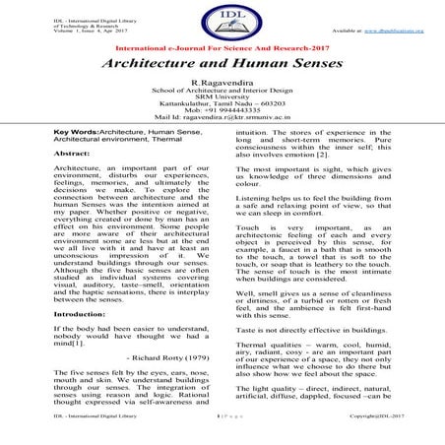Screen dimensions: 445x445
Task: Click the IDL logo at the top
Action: pyautogui.click(x=222, y=23)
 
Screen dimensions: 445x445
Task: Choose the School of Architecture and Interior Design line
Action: pyautogui.click(x=222, y=95)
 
